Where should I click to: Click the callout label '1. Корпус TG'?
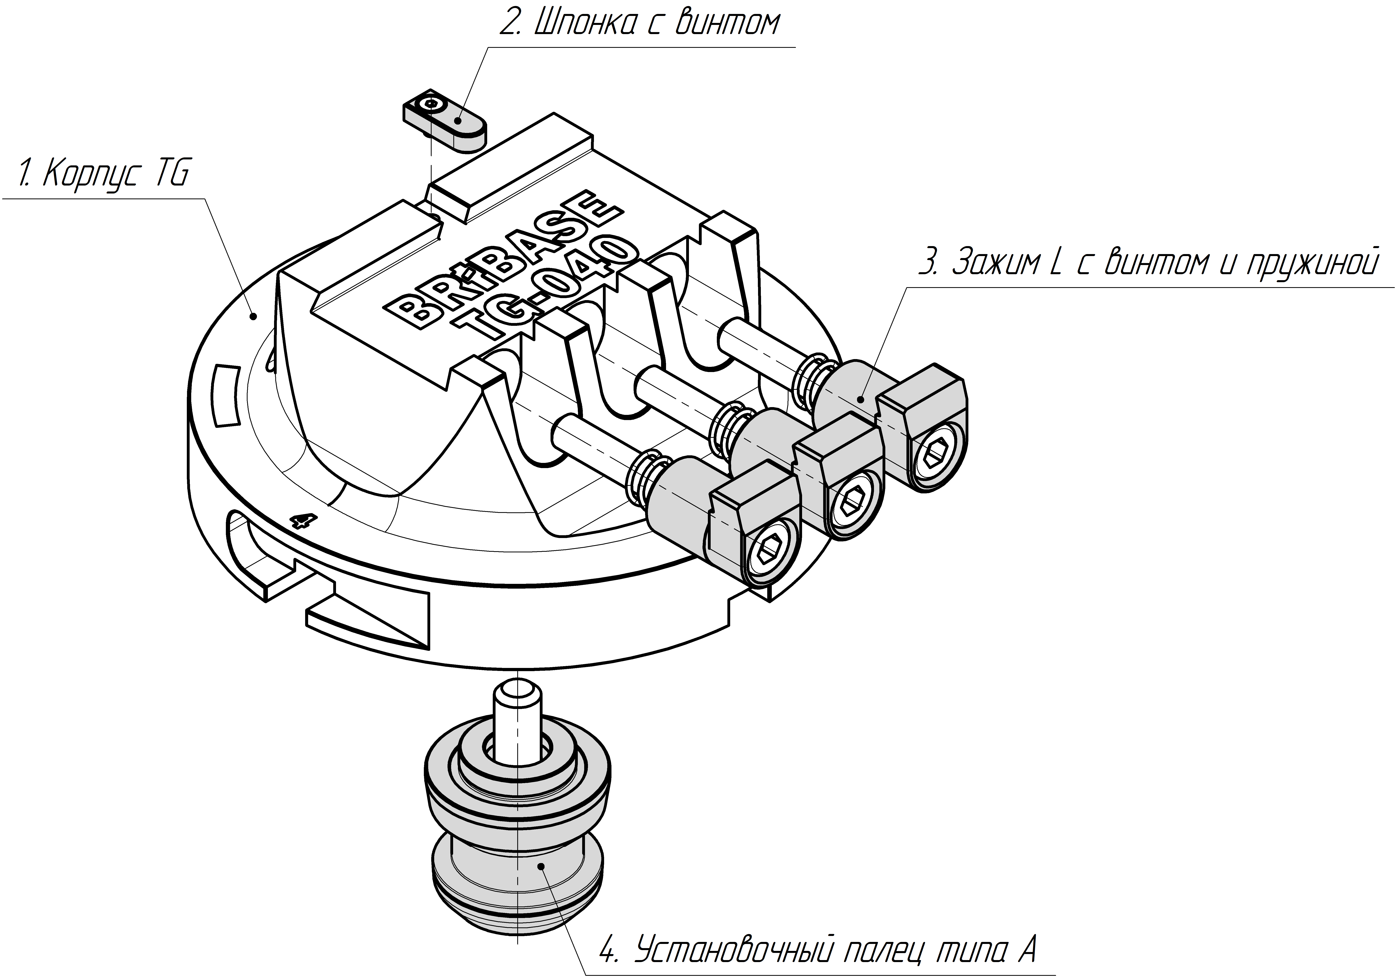pos(103,174)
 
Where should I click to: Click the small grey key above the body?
pos(444,122)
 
